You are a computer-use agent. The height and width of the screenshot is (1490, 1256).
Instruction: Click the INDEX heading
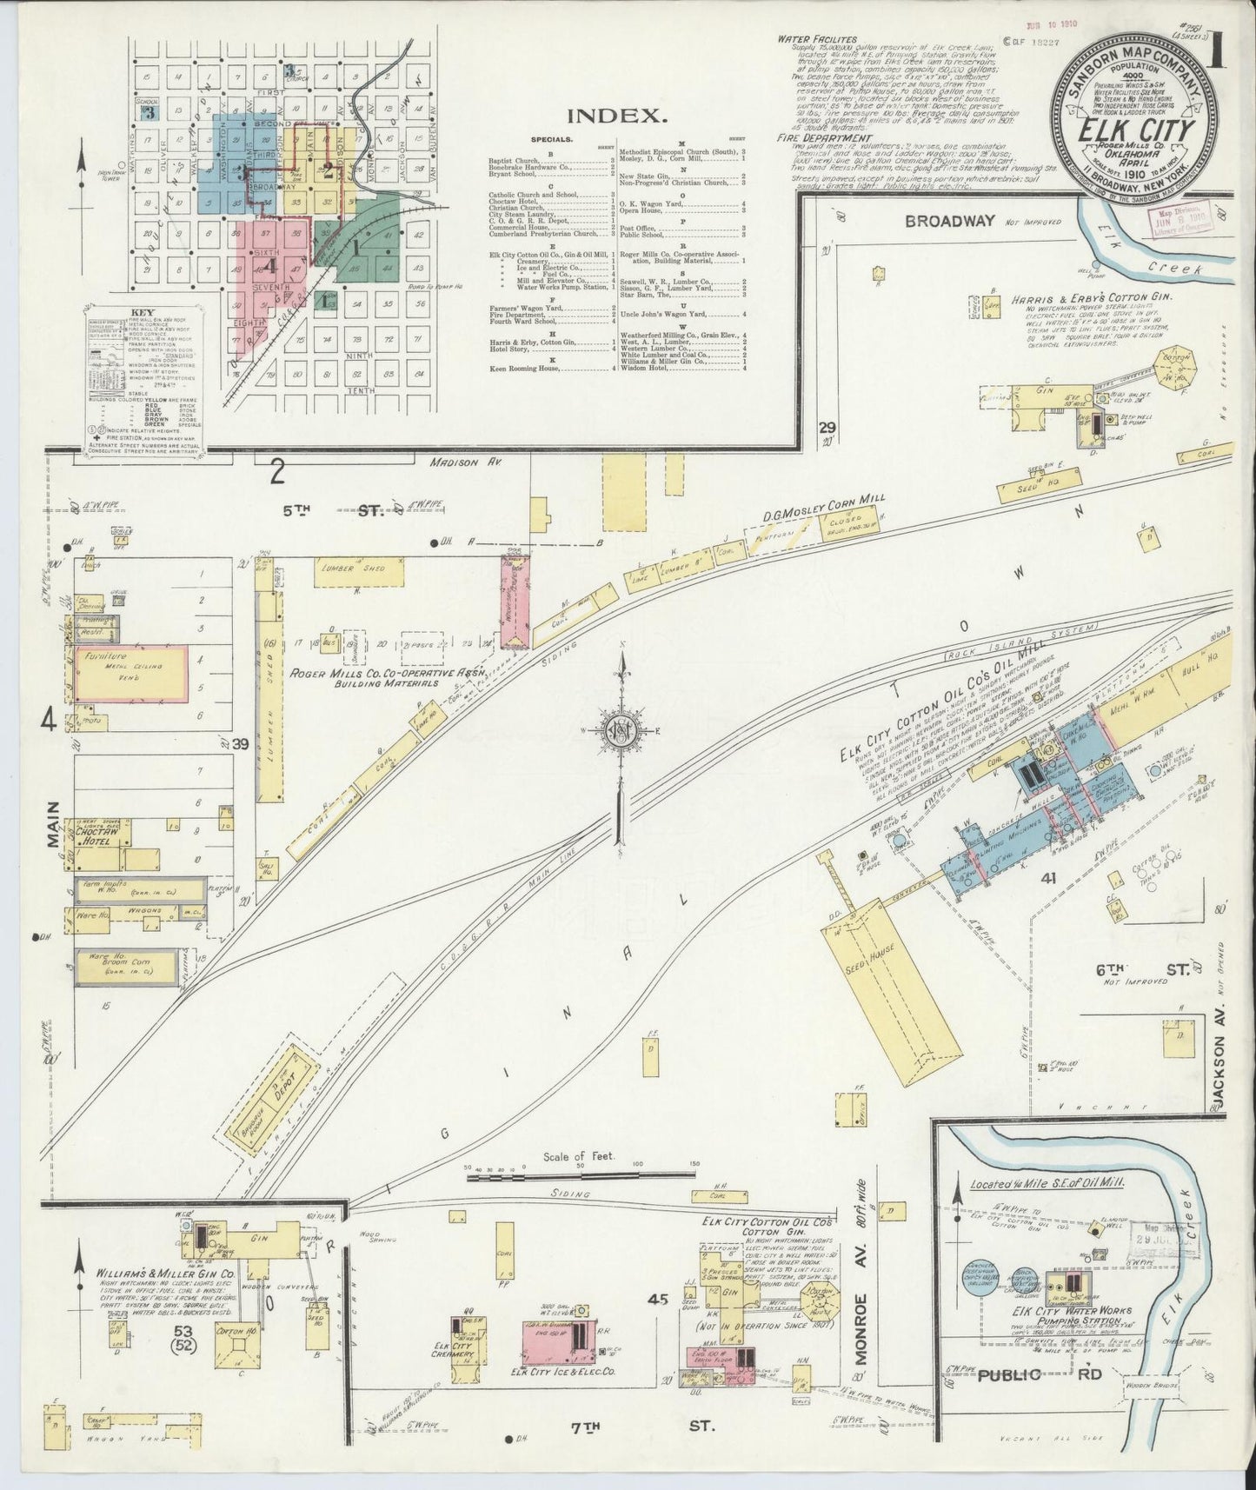617,114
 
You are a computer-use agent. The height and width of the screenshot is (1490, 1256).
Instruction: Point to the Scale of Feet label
579,1155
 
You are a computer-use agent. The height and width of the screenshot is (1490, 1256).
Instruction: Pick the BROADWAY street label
951,220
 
